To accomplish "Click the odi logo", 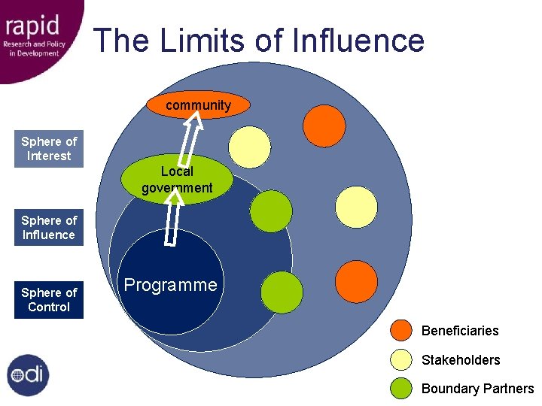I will coord(29,375).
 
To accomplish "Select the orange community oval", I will coord(199,105).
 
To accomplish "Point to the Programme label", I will coord(170,285).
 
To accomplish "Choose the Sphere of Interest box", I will coord(49,149).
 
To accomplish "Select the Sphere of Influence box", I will coord(49,228).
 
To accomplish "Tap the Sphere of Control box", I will coord(49,300).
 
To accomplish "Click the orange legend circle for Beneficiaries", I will coord(402,331).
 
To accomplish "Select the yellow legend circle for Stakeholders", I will coord(402,360).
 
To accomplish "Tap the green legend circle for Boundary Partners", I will coord(402,388).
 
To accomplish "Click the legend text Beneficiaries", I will coord(460,331).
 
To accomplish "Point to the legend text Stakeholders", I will coord(461,360).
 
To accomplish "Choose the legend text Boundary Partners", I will coord(477,389).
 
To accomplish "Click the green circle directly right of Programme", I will coord(282,292).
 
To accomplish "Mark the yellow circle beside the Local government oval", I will coord(250,147).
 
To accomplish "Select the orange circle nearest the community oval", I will coord(324,126).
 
